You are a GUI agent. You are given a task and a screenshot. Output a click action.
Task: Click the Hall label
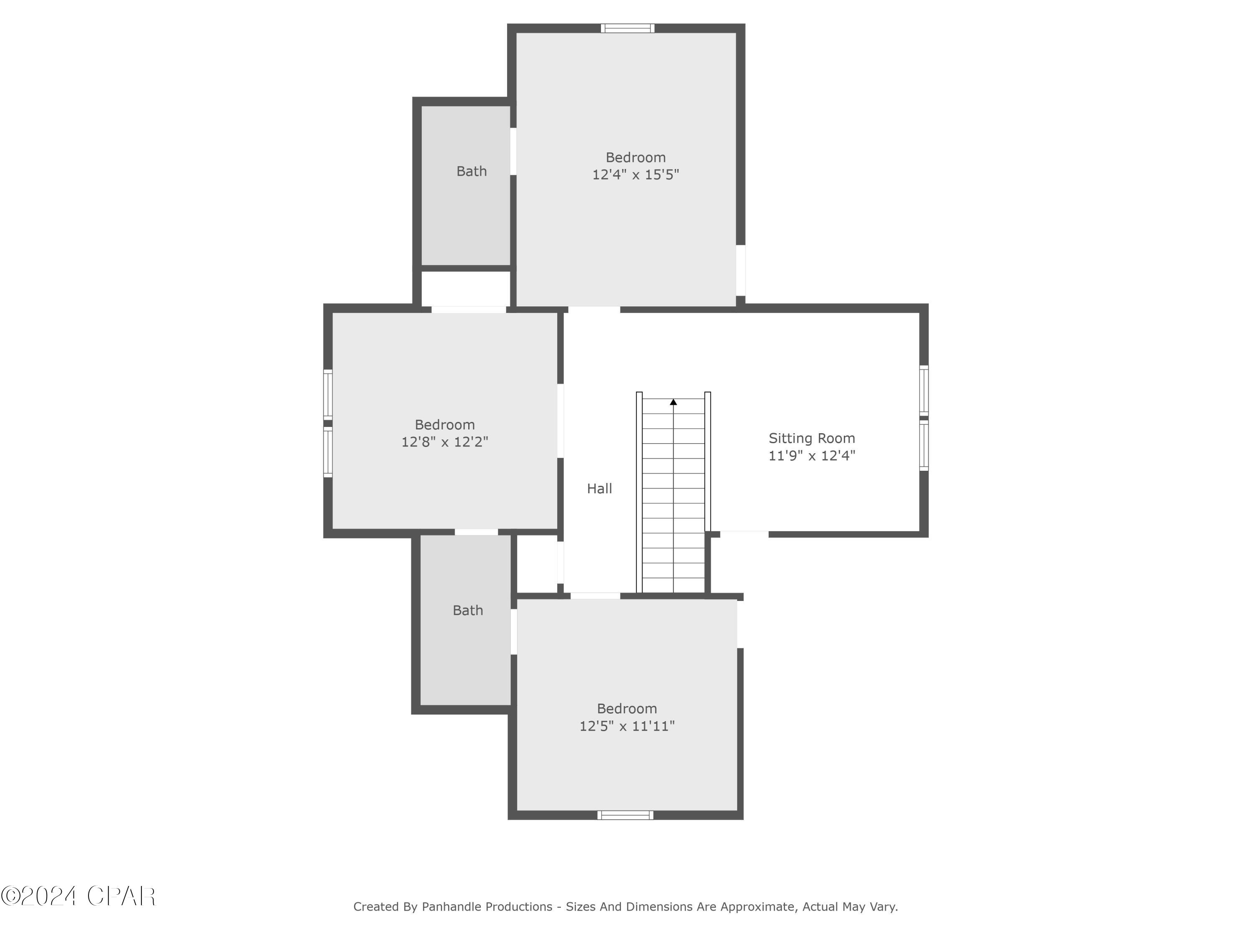click(x=599, y=488)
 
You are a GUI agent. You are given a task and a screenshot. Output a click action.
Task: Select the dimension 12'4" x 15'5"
click(x=635, y=174)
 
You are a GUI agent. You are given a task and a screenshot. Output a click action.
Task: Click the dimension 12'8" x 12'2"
click(x=444, y=442)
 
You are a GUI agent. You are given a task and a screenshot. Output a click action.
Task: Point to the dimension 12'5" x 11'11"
click(x=626, y=726)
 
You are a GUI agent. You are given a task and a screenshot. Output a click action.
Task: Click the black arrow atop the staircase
click(x=673, y=402)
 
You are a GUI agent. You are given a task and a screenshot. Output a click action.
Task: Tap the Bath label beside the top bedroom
click(x=472, y=171)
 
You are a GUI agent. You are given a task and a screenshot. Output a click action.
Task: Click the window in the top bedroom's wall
click(x=627, y=28)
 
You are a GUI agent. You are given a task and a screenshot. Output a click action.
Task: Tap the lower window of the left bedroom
click(x=328, y=452)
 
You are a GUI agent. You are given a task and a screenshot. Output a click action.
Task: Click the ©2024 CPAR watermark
click(x=78, y=896)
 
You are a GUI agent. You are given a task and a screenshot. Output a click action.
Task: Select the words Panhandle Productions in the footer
click(x=487, y=907)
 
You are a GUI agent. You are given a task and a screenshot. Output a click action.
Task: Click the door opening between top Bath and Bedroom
click(x=513, y=151)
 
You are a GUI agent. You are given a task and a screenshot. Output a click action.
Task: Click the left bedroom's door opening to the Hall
click(x=560, y=421)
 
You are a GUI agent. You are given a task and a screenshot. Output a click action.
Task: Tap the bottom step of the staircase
click(x=673, y=585)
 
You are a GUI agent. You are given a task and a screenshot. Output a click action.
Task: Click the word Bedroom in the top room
click(x=635, y=157)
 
